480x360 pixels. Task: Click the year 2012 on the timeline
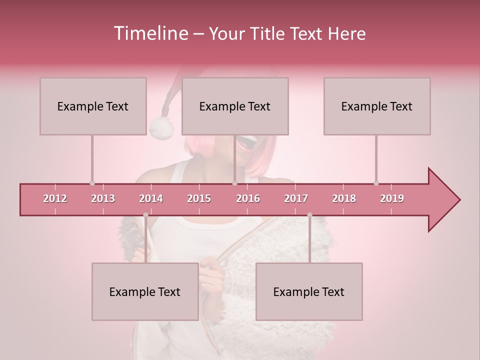pos(55,198)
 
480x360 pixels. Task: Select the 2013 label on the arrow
pos(103,198)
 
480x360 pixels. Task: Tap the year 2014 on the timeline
pos(151,198)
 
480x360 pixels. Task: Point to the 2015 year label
pos(199,198)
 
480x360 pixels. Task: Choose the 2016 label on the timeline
pos(248,198)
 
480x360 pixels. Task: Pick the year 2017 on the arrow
pos(296,198)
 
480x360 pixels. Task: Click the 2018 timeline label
pos(344,198)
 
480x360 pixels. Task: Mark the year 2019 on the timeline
pos(392,198)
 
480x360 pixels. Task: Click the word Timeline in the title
pos(150,33)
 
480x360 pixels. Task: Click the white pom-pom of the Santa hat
pos(161,127)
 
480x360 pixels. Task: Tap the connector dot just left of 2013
pos(92,183)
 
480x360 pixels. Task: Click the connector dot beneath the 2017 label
pos(309,215)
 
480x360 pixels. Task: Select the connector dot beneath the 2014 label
pos(145,215)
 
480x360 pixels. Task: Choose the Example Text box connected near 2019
pos(376,106)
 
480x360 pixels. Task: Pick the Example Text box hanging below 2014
pos(145,291)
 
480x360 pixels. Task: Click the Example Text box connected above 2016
pos(234,106)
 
